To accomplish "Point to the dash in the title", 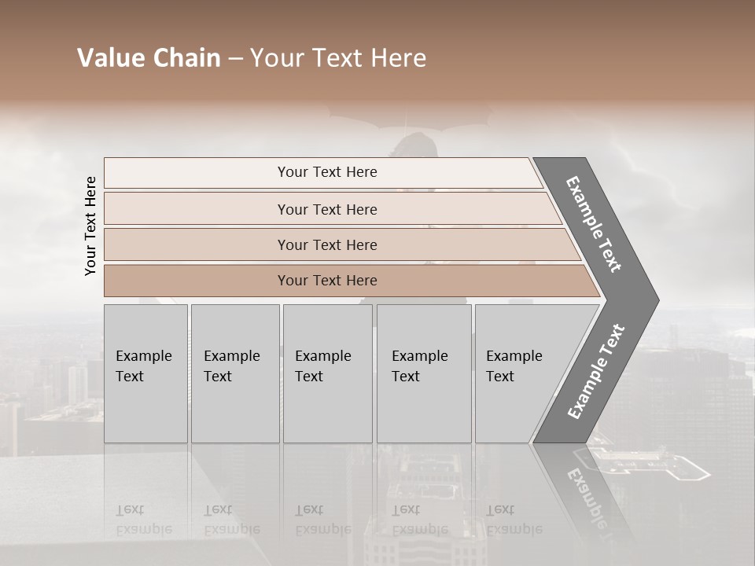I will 235,59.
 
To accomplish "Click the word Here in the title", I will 397,58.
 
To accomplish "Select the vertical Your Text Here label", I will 90,226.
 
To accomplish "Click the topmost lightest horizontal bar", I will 327,172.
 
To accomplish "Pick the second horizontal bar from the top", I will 327,209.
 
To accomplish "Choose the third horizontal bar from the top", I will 327,244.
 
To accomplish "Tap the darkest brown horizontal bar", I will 327,281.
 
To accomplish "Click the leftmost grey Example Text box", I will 145,373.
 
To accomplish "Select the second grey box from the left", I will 234,373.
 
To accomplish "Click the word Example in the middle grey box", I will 322,356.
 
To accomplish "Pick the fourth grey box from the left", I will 423,373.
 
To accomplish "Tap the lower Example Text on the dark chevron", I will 596,371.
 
